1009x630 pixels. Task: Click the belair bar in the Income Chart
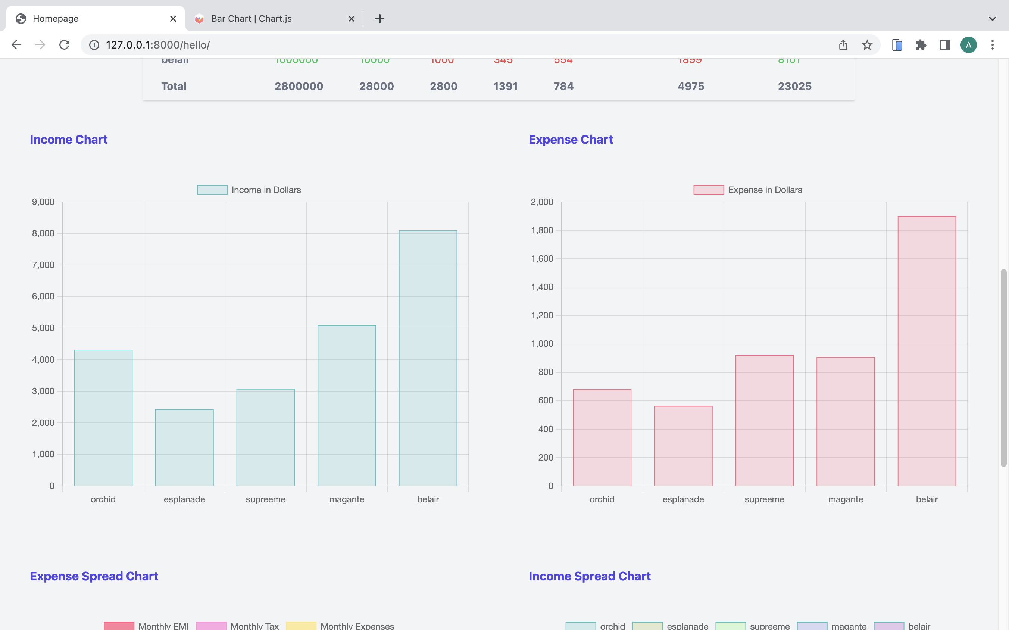pos(428,358)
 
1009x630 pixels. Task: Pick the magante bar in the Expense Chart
pos(845,421)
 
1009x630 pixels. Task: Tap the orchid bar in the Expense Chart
pos(602,437)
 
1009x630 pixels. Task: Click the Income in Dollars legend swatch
pos(212,190)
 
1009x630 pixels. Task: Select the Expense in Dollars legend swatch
pos(708,190)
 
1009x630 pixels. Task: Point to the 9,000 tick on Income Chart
pos(43,202)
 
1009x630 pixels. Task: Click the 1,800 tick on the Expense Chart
pos(541,230)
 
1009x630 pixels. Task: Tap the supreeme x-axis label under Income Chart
pos(265,499)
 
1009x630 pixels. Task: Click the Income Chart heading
pos(69,140)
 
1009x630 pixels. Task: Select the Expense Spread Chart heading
pos(94,576)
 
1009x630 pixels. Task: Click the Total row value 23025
pos(794,86)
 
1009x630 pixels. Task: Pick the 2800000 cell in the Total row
pos(299,86)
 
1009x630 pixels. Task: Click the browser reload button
pos(64,45)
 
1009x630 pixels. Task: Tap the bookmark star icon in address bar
pos(867,45)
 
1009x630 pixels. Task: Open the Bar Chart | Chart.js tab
pos(251,19)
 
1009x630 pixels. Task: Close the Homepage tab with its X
pos(173,19)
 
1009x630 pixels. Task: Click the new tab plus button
pos(379,19)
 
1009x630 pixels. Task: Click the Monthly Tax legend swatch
pos(211,626)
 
